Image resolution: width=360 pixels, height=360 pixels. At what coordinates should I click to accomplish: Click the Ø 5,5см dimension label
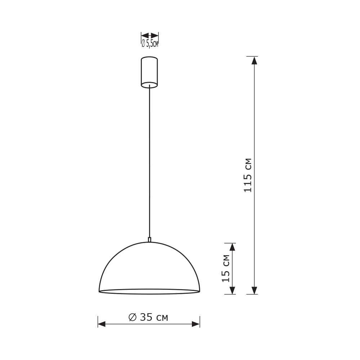point(149,44)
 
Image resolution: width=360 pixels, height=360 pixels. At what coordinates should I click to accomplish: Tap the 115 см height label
point(248,175)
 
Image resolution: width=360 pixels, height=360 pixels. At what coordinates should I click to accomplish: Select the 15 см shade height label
point(226,268)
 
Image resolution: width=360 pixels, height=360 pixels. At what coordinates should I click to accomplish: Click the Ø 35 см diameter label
point(148,317)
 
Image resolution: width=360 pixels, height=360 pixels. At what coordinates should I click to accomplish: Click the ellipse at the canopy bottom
point(149,85)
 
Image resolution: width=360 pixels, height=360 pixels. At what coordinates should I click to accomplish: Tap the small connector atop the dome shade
point(149,239)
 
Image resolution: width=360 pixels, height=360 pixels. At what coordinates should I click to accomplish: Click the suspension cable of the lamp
point(149,162)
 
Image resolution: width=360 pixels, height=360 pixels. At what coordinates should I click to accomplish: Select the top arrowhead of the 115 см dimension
point(254,60)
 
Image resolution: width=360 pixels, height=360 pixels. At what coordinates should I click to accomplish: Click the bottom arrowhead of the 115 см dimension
point(254,290)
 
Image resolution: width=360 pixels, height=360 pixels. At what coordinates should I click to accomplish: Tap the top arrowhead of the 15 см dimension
point(232,247)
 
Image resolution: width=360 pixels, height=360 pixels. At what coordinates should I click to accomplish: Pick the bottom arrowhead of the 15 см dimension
point(232,290)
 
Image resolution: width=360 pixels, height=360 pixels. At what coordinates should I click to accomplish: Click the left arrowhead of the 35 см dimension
point(102,324)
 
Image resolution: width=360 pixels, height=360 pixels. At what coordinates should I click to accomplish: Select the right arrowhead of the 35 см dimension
point(196,324)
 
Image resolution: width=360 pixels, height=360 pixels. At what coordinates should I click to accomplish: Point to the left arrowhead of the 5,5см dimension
point(145,35)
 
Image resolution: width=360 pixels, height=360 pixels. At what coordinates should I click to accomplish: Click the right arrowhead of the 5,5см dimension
point(154,35)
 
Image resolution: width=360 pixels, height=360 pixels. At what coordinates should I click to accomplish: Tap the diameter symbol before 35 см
point(132,317)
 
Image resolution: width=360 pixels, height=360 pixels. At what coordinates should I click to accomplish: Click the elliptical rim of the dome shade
point(149,292)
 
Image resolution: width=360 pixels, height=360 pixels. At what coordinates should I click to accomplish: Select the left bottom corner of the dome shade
point(99,291)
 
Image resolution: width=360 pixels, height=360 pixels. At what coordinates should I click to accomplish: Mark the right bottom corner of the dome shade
point(199,291)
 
